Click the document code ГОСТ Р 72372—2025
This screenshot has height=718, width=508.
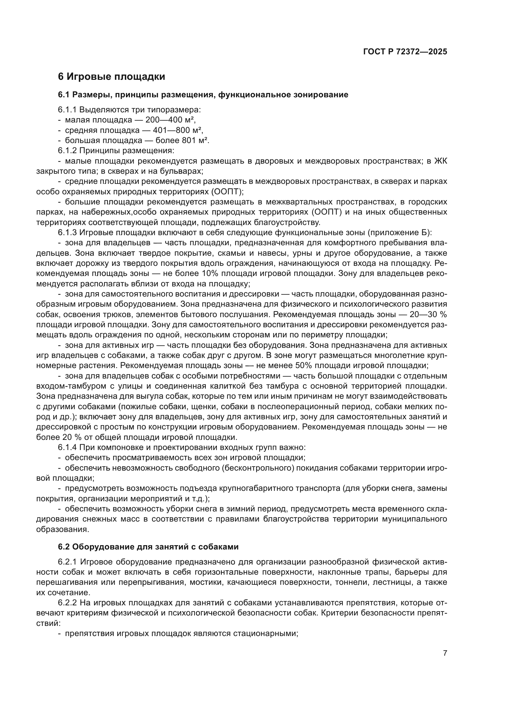405,52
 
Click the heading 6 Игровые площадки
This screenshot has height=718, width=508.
111,77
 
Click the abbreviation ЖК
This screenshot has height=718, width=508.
440,161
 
